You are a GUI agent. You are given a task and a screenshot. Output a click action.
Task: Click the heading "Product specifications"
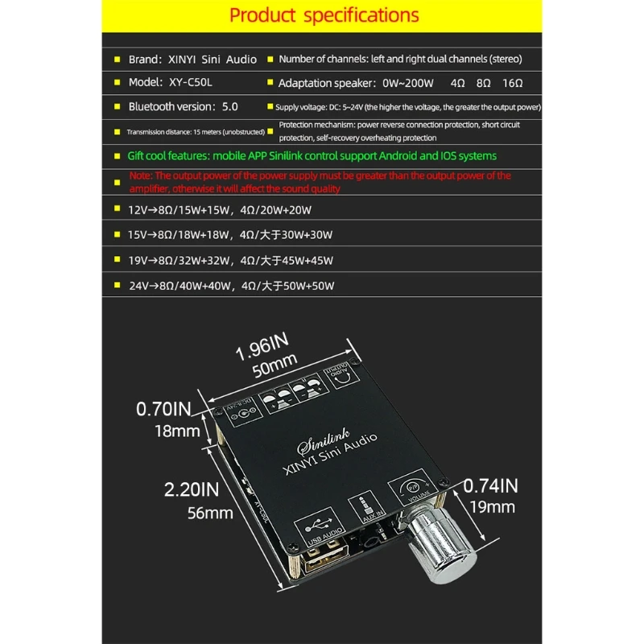tap(324, 15)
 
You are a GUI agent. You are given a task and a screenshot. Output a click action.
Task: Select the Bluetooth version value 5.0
tap(230, 106)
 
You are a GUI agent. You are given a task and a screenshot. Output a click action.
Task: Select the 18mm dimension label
tap(177, 431)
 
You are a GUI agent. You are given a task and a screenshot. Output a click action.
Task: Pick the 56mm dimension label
tap(211, 512)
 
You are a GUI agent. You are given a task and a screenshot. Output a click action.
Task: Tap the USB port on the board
tap(327, 559)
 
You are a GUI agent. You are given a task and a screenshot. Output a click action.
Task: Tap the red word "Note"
tap(139, 175)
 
